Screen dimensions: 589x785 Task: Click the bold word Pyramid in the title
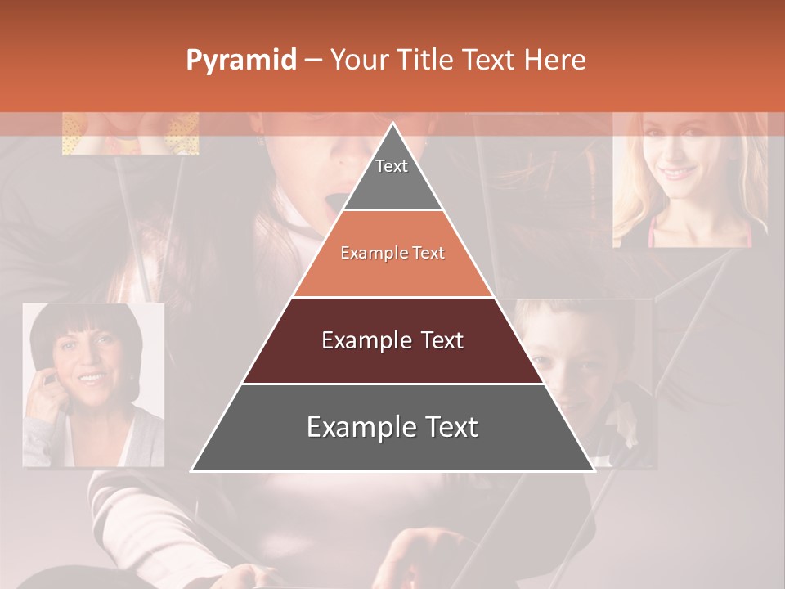241,61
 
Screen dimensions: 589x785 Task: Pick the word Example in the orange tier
367,253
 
